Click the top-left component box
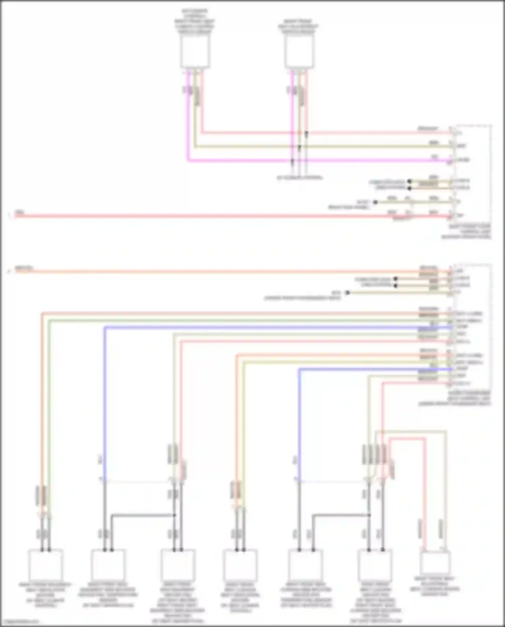(x=195, y=52)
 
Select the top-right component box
(x=299, y=52)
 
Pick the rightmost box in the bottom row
(x=435, y=563)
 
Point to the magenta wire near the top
(x=303, y=161)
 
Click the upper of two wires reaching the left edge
(x=202, y=216)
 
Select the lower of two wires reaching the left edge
(x=202, y=271)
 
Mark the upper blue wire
(x=269, y=327)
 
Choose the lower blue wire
(x=370, y=369)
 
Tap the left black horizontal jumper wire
(x=141, y=515)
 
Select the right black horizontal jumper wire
(x=340, y=515)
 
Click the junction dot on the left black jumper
(x=174, y=515)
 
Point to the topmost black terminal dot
(x=409, y=181)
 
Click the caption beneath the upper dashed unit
(x=469, y=232)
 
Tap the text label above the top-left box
(x=195, y=22)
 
